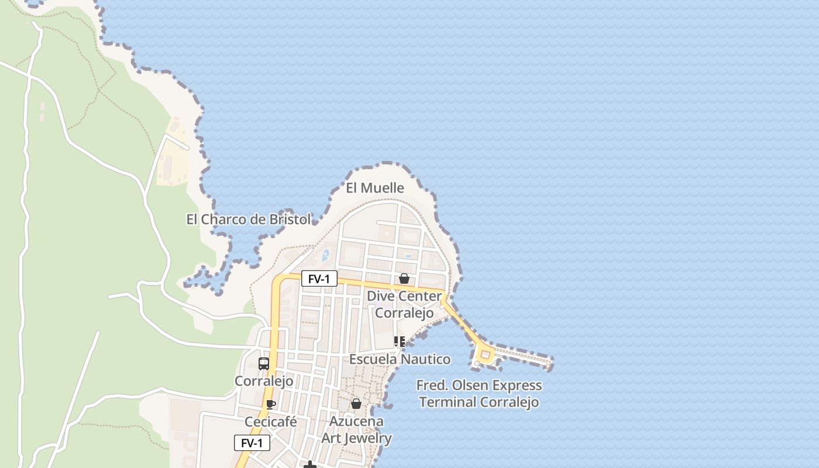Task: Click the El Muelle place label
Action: pos(375,188)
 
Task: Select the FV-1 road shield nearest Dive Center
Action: pos(319,279)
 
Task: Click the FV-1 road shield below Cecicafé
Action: pos(252,443)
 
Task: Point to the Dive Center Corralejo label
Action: pos(404,304)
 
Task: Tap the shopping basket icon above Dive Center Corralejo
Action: pos(404,278)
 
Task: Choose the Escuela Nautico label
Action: pos(400,359)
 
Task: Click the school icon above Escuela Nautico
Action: pos(400,342)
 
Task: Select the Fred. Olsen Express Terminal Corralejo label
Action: pos(479,394)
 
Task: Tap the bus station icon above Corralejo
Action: pos(264,363)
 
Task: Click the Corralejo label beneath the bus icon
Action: pos(264,381)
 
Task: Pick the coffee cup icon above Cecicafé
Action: pos(270,404)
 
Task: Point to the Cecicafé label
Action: pos(271,422)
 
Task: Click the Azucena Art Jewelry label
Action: pos(356,429)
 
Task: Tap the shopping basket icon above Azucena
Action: pos(356,404)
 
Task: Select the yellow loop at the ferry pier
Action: pos(484,354)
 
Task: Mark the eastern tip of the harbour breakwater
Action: pos(549,363)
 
